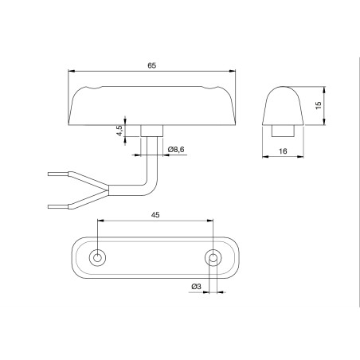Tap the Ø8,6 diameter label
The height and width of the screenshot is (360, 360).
(177, 149)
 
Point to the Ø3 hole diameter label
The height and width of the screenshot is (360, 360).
(196, 286)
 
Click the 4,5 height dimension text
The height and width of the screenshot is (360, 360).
(120, 131)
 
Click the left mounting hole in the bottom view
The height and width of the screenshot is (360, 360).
(97, 257)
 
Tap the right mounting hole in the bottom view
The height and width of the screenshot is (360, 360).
(213, 257)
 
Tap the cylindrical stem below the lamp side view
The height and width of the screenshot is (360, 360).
(151, 130)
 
